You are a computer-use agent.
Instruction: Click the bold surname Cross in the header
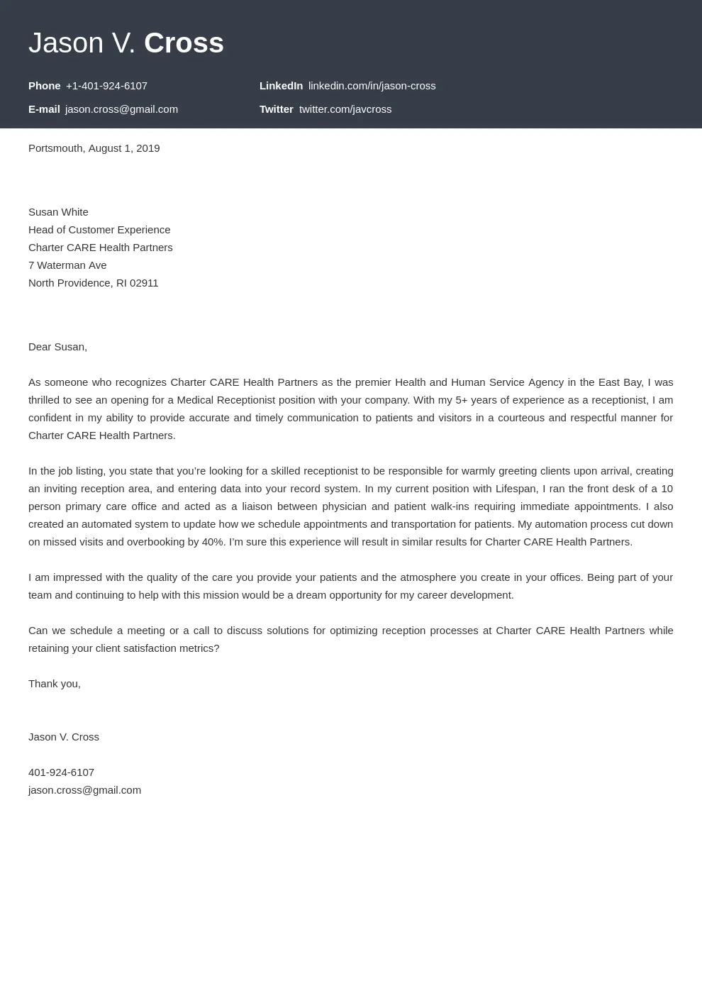coord(184,43)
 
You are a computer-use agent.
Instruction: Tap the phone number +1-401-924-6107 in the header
coord(106,86)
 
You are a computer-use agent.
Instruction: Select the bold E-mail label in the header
coord(44,109)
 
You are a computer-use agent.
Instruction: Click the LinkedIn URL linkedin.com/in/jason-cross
coord(372,86)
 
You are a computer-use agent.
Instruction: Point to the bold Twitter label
coord(276,109)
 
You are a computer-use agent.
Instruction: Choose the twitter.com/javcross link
coord(345,109)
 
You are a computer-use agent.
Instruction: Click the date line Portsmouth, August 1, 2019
coord(94,148)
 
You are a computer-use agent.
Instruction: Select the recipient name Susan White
coord(58,212)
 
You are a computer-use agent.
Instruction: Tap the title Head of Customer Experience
coord(99,230)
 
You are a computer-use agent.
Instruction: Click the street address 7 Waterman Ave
coord(67,265)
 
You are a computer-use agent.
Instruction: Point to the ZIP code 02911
coord(144,283)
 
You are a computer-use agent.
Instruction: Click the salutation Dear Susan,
coord(57,347)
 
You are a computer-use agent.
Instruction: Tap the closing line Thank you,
coord(55,684)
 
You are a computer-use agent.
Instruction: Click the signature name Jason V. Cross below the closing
coord(64,737)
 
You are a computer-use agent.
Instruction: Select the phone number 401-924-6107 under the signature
coord(61,772)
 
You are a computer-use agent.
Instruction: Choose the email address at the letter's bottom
coord(84,790)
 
